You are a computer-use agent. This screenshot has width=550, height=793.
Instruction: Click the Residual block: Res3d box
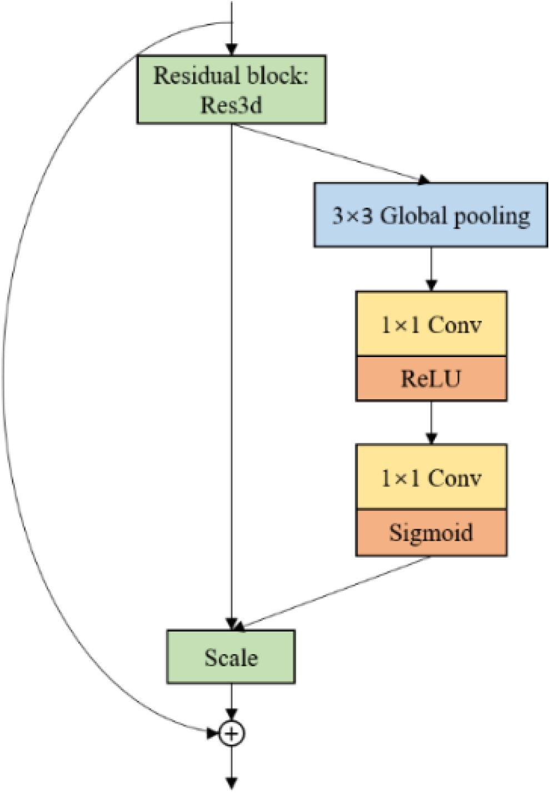[x=231, y=89]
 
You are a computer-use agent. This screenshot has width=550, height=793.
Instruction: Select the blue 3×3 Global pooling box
[x=431, y=215]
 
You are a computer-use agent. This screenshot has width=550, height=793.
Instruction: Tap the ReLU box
[x=431, y=378]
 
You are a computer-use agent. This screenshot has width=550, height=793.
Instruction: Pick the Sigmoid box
[x=431, y=532]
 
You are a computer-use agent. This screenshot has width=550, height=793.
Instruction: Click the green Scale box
[x=231, y=657]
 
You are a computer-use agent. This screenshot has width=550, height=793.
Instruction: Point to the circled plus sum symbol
[x=232, y=734]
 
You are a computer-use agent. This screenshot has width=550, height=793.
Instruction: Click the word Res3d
[x=231, y=104]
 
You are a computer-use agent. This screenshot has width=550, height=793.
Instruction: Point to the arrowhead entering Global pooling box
[x=424, y=179]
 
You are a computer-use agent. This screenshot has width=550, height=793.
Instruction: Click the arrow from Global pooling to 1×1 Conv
[x=431, y=269]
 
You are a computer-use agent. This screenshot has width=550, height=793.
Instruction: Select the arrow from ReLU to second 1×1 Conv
[x=431, y=422]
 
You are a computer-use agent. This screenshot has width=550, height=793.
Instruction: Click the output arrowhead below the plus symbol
[x=232, y=783]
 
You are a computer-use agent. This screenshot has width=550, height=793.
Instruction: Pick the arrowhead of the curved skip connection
[x=213, y=734]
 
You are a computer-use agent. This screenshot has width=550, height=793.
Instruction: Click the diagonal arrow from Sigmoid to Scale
[x=333, y=594]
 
